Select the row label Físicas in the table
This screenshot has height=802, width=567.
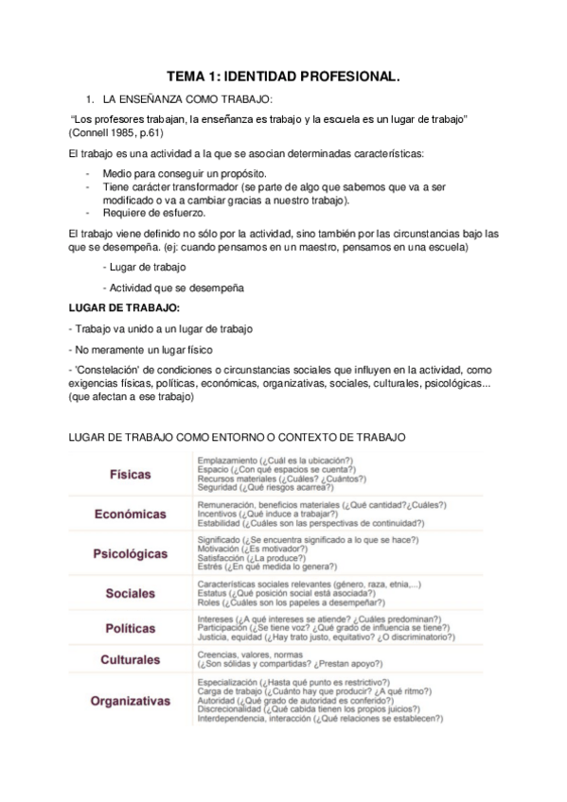tap(130, 474)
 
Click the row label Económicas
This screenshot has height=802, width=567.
tap(130, 514)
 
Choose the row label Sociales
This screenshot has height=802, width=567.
tap(130, 593)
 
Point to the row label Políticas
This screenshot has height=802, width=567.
tap(130, 628)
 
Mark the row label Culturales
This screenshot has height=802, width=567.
tap(130, 659)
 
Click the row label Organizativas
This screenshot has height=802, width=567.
tap(130, 701)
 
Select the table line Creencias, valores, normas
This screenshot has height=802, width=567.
tap(250, 654)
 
